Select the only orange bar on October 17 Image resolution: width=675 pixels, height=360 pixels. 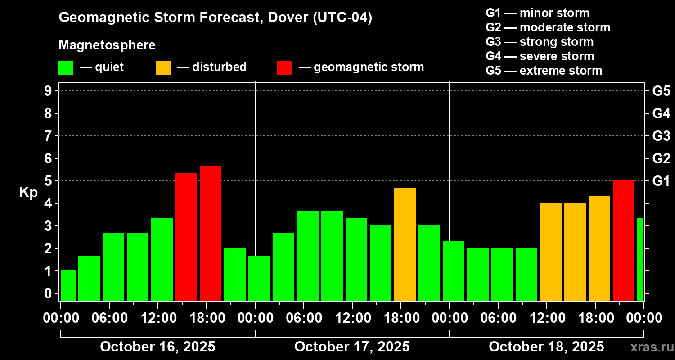[x=405, y=244]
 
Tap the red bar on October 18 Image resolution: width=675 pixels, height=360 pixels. [x=624, y=240]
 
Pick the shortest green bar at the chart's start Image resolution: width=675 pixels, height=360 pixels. [x=68, y=285]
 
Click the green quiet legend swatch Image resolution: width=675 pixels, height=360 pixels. [x=66, y=68]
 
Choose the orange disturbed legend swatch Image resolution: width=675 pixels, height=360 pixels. [x=163, y=68]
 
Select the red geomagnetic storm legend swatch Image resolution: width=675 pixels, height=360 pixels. [x=284, y=68]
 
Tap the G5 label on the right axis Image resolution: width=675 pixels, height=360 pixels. [x=661, y=91]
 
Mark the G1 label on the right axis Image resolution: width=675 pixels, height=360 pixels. [x=661, y=181]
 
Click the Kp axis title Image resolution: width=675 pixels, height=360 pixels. [x=28, y=193]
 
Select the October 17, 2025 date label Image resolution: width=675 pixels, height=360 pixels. [x=352, y=347]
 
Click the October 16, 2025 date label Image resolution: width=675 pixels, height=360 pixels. [x=157, y=347]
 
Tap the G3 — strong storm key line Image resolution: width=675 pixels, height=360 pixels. [x=540, y=42]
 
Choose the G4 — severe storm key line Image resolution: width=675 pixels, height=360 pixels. [x=540, y=56]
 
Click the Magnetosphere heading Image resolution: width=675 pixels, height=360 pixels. [x=107, y=45]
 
